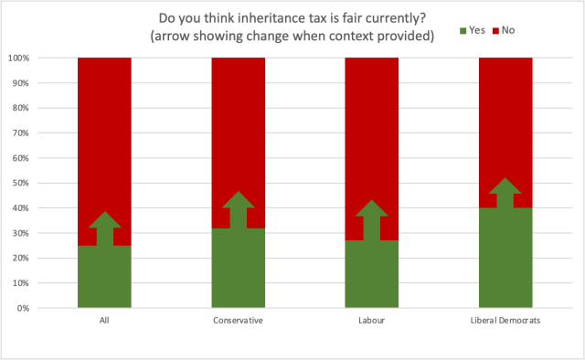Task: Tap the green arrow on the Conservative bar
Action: (239, 209)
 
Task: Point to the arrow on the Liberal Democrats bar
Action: (505, 194)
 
